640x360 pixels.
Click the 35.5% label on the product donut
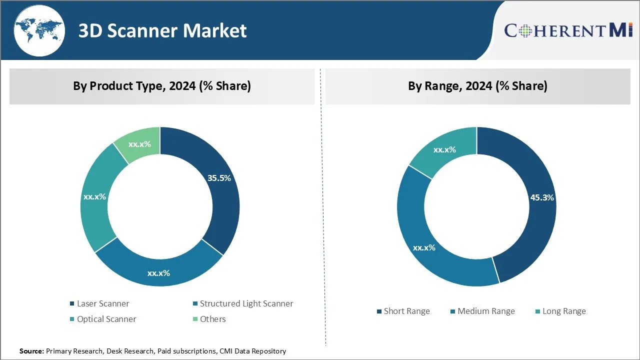(x=219, y=178)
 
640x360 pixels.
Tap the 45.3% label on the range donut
(x=542, y=197)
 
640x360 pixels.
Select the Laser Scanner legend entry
(x=102, y=303)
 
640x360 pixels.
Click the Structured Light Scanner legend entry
(x=246, y=303)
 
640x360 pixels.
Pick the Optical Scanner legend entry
(x=106, y=319)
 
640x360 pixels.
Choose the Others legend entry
(x=212, y=319)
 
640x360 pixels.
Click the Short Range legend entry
(x=406, y=311)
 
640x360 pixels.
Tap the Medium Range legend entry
(x=485, y=311)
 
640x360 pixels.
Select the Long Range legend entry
(x=563, y=311)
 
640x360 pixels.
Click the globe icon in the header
(x=39, y=30)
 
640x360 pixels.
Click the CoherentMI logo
(x=568, y=30)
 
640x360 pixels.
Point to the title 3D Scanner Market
(x=162, y=31)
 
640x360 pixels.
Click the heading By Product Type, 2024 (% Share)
(x=162, y=86)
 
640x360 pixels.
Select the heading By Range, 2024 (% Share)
(x=477, y=86)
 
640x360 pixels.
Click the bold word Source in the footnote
(x=31, y=351)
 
